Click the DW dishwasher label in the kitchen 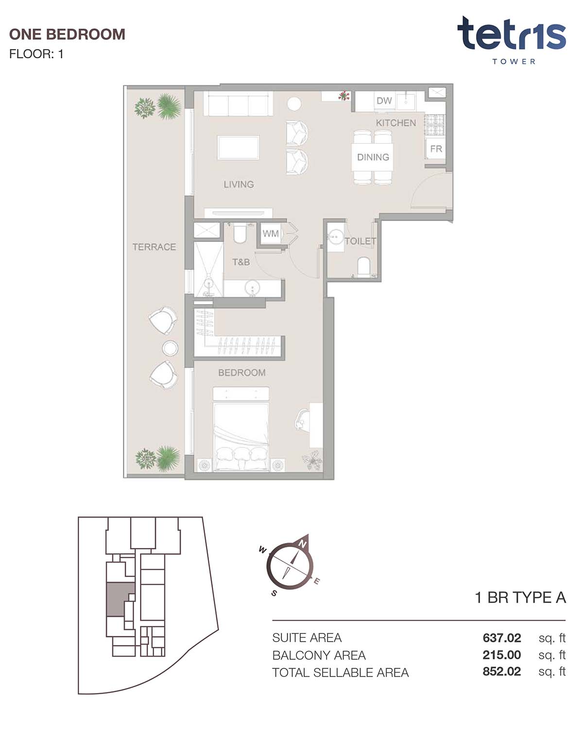384,101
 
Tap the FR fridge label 436,149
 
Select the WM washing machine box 271,233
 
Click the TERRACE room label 154,247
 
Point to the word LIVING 239,184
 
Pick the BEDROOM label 242,372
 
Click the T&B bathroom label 241,262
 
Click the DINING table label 373,157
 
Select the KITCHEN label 396,122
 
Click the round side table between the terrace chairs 170,348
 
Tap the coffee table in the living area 239,147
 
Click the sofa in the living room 238,103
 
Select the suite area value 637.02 501,638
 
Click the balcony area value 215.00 501,655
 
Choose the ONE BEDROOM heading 67,34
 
